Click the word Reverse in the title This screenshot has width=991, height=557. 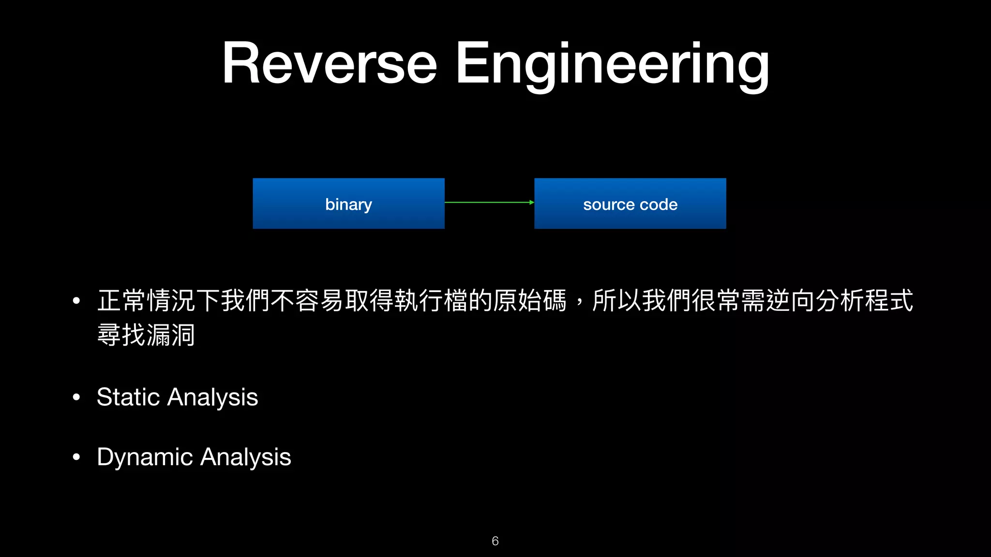[x=330, y=63]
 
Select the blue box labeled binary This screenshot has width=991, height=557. [x=348, y=204]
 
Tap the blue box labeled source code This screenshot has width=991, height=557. [x=630, y=204]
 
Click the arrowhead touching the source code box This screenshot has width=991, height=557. [x=531, y=203]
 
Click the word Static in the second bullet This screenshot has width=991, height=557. [x=128, y=397]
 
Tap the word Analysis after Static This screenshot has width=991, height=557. [x=213, y=397]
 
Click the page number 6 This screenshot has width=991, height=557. [x=495, y=541]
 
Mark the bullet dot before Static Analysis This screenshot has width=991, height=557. [x=76, y=397]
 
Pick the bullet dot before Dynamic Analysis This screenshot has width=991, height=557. [x=76, y=457]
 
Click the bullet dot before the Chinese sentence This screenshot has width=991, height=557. [x=76, y=301]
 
